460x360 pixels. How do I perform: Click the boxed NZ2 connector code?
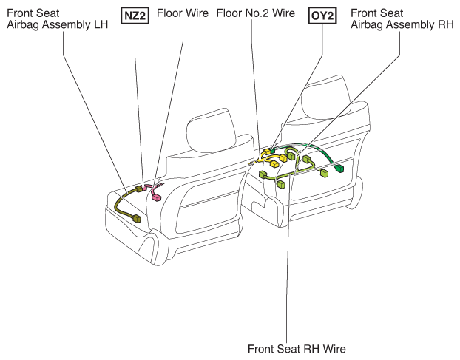click(x=135, y=16)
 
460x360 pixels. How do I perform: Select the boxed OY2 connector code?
click(x=322, y=16)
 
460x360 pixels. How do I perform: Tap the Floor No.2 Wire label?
click(x=256, y=13)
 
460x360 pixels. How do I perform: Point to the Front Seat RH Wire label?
click(x=297, y=349)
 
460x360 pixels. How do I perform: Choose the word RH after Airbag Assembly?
click(x=446, y=24)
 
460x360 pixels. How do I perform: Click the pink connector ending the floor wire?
click(x=156, y=198)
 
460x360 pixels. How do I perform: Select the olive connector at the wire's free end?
click(x=137, y=218)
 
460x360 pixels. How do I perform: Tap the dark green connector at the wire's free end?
click(x=339, y=169)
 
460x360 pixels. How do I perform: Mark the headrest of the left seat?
click(x=212, y=130)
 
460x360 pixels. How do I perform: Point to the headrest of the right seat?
click(x=325, y=98)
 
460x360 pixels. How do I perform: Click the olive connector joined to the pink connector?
click(x=138, y=189)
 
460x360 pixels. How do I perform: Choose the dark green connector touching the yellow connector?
click(x=272, y=151)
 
